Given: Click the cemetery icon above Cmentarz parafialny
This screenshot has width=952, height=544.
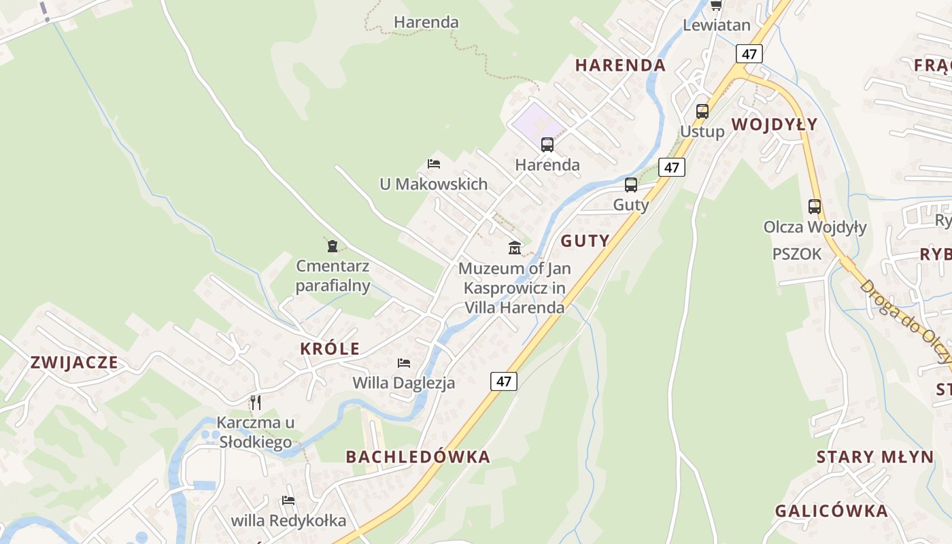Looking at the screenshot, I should tap(333, 246).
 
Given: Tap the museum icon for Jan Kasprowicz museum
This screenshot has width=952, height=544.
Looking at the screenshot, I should tap(515, 248).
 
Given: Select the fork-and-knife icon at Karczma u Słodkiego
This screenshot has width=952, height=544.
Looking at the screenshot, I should tap(256, 402).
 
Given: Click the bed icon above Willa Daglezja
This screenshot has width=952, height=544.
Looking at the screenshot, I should tap(404, 363).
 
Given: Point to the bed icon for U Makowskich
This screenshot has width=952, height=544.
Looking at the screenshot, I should tap(434, 164).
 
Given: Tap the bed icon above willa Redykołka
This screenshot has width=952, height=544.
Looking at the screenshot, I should tap(288, 501).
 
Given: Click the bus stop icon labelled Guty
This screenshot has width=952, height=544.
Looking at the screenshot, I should tap(631, 185).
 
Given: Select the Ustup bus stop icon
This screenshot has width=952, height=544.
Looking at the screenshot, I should tap(702, 112).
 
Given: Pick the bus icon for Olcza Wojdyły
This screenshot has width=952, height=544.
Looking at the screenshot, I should tap(815, 207).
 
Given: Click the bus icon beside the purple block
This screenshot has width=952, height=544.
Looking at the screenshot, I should tap(547, 145).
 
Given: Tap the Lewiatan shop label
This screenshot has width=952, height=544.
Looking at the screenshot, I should tap(717, 26).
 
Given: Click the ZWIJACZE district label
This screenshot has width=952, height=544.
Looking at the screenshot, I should tap(74, 362).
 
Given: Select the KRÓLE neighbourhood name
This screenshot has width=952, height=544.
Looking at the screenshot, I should tap(330, 349).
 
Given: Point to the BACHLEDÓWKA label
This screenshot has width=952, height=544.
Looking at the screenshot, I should tap(418, 457).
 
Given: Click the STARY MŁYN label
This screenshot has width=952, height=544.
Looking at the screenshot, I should tap(875, 457).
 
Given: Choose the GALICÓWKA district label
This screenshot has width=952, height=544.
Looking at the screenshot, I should tap(832, 511).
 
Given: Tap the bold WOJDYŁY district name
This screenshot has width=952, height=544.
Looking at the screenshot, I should tap(775, 124).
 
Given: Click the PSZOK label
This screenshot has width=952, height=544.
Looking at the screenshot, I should tap(797, 254).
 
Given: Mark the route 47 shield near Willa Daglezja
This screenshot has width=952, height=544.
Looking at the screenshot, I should tap(504, 381).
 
